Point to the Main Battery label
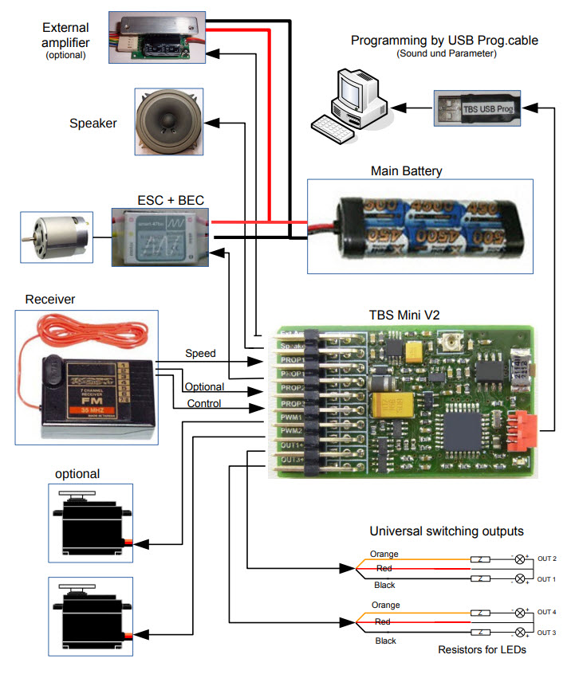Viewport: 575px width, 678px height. click(x=406, y=170)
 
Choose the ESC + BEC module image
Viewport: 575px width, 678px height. click(x=160, y=237)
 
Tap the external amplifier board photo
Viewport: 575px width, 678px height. click(x=160, y=36)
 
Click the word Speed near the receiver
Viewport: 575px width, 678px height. click(x=200, y=353)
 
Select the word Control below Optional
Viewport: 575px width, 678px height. click(x=204, y=403)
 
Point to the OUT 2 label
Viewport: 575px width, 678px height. click(x=546, y=559)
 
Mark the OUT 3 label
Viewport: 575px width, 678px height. click(x=546, y=632)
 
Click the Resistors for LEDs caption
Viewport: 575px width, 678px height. click(x=482, y=649)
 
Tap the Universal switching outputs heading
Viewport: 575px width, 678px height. click(x=446, y=531)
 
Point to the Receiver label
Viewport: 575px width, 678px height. click(x=49, y=300)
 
